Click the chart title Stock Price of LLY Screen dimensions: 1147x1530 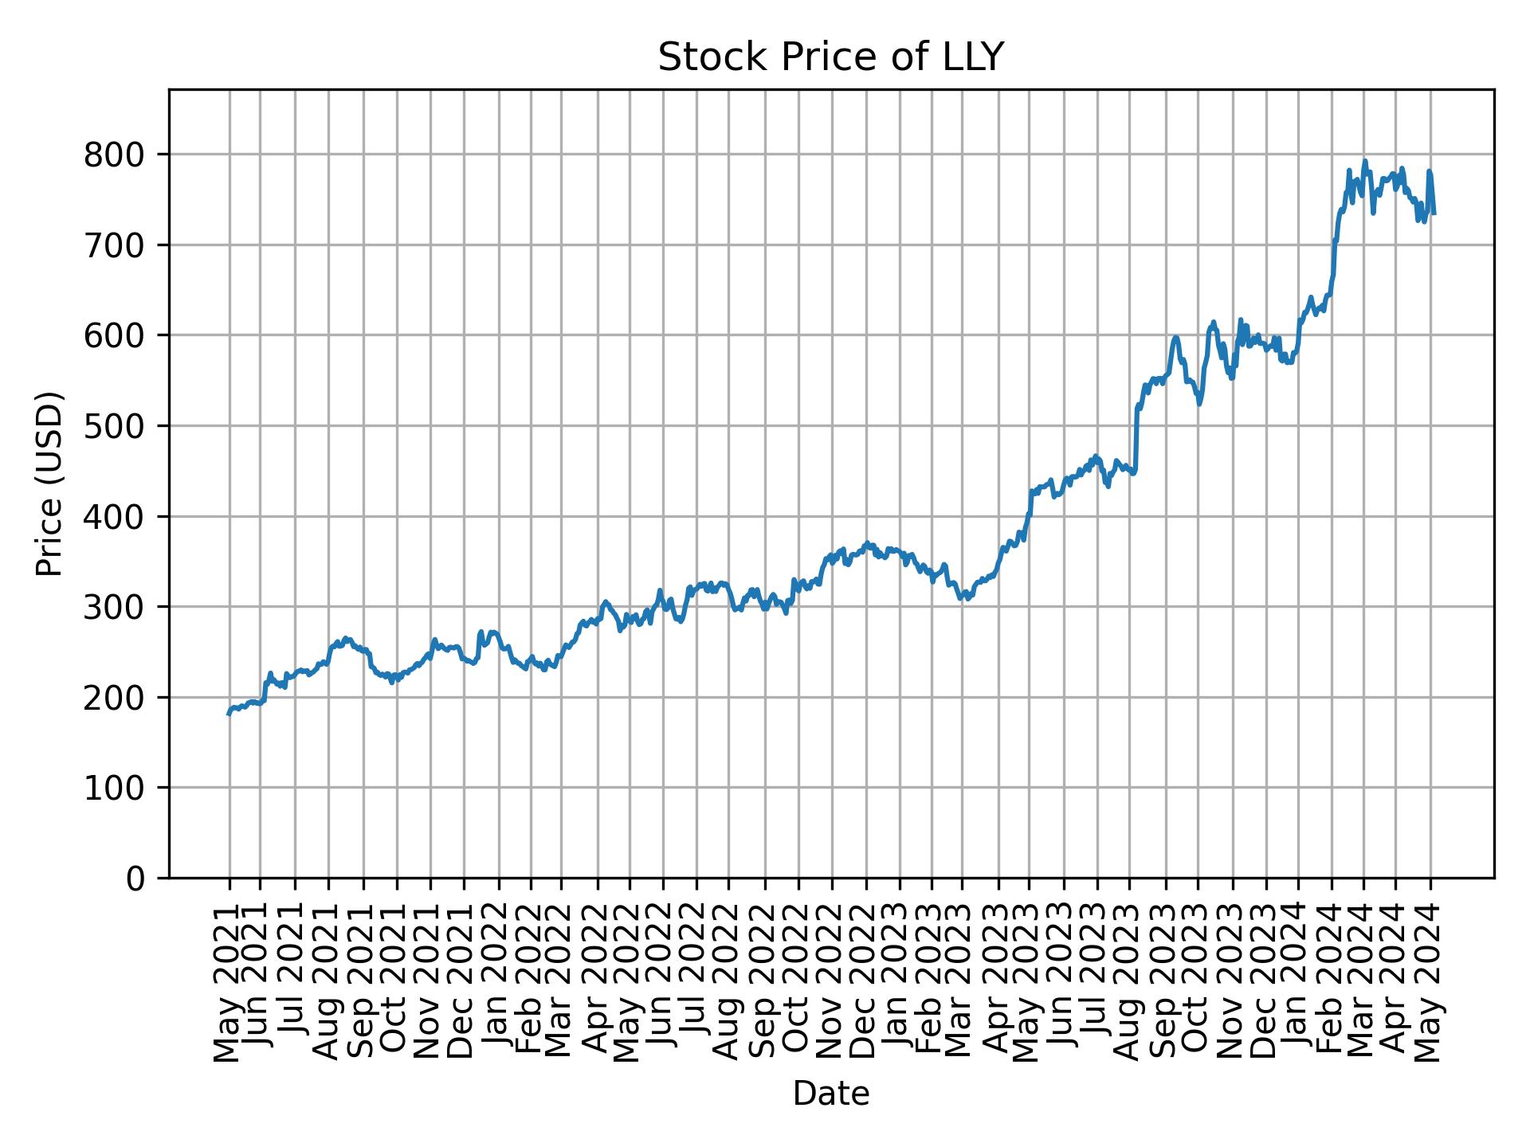tap(830, 58)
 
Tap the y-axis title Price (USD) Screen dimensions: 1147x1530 tap(49, 483)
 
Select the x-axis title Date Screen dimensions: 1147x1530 tap(830, 1094)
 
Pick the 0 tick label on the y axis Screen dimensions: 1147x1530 tap(135, 879)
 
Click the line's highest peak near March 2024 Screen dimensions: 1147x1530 tap(1364, 162)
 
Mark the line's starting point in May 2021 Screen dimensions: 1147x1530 tap(229, 714)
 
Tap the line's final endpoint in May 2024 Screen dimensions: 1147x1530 tap(1434, 213)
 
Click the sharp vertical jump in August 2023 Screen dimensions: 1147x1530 tap(1136, 438)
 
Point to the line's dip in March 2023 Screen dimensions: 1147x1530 tap(964, 598)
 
